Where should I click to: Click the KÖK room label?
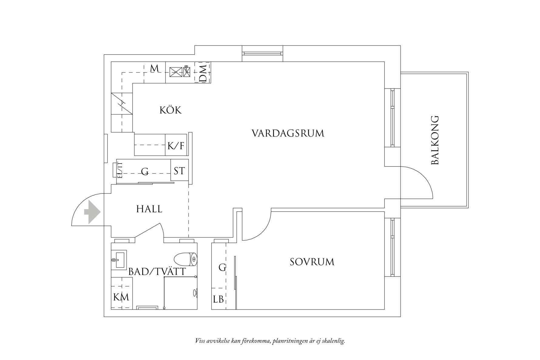(x=170, y=110)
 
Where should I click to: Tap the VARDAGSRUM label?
(x=288, y=133)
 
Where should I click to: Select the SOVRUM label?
(x=312, y=262)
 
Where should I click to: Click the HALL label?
(x=149, y=209)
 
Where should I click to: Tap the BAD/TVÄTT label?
(x=157, y=271)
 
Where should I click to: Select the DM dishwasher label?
(x=203, y=72)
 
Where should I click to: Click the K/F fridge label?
(x=176, y=146)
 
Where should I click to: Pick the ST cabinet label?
(x=179, y=171)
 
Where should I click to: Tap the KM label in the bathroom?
(x=121, y=297)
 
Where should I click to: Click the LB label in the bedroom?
(x=218, y=300)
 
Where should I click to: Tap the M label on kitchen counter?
(x=154, y=69)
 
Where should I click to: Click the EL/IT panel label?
(x=120, y=170)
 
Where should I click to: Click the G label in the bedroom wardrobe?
(x=222, y=267)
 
